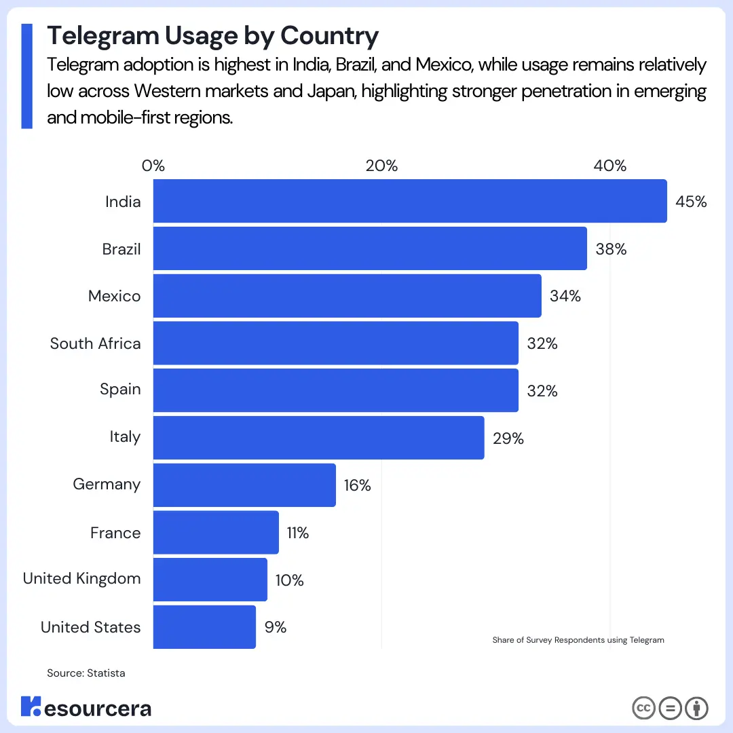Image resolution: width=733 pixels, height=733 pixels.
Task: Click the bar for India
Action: (410, 201)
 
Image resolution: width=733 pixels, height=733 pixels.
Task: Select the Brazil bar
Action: (370, 248)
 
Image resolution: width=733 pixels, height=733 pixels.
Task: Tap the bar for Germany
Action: (244, 485)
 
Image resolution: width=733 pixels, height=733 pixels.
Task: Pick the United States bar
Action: (204, 626)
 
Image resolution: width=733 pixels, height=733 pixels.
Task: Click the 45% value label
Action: (692, 202)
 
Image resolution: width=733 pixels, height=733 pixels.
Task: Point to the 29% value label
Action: (508, 438)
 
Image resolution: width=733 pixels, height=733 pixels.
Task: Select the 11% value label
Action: (297, 533)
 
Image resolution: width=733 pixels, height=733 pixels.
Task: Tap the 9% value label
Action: (276, 627)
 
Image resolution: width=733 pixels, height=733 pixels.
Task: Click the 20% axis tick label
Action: (381, 166)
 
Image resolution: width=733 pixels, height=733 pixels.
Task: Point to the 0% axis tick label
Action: (153, 166)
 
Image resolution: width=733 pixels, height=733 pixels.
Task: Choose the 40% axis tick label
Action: (609, 166)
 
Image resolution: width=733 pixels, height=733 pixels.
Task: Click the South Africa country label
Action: (95, 343)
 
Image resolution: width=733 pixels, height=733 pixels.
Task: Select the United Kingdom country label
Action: (82, 578)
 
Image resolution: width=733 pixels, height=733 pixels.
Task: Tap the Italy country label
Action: (125, 436)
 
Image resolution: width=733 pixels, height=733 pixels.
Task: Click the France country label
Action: (115, 533)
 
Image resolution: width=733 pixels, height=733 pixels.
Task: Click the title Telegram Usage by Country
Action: (212, 35)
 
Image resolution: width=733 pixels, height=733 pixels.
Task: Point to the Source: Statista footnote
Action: (86, 673)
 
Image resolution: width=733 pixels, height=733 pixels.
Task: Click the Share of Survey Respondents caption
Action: (578, 640)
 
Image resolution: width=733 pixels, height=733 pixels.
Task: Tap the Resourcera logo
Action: (86, 708)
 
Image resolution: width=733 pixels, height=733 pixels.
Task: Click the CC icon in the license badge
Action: (643, 709)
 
